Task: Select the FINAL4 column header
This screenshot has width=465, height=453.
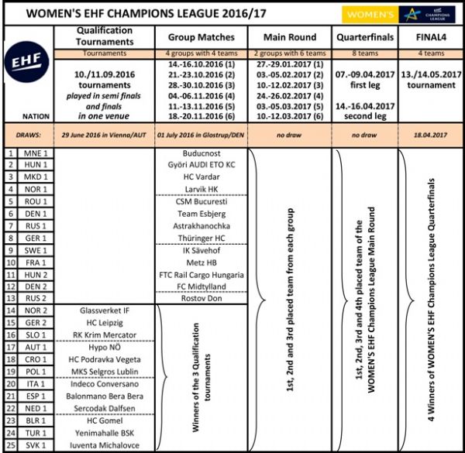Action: click(x=429, y=36)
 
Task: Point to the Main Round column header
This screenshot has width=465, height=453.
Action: click(x=291, y=36)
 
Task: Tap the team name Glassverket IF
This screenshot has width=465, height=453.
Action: click(x=106, y=311)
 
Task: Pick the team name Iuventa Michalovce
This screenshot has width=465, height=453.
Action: click(x=106, y=445)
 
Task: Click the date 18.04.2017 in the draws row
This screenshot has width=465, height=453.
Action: click(x=429, y=132)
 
